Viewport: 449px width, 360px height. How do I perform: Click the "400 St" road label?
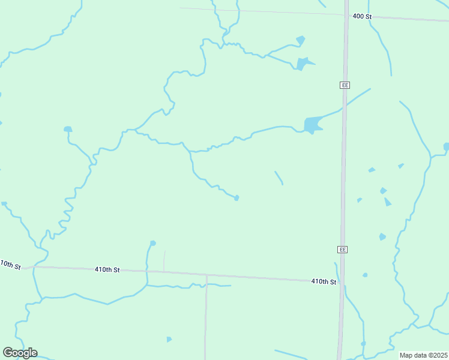362,16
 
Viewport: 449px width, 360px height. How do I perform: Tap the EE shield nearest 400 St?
345,85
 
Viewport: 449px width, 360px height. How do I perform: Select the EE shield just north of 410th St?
342,249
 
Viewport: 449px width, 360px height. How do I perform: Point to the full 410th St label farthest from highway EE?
107,270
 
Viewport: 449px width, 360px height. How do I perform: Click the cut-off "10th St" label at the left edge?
10,265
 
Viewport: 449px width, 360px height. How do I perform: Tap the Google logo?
20,353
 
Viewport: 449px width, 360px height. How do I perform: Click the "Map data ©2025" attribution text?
423,355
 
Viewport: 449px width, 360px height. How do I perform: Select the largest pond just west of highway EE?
312,125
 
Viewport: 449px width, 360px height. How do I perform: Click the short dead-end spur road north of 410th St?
164,260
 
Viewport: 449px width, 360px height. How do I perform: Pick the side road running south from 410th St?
206,318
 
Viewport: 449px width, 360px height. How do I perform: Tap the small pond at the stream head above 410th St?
153,243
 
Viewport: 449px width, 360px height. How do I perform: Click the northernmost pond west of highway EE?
300,40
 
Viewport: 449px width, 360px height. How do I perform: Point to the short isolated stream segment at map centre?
279,178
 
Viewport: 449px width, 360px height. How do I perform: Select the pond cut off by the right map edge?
446,146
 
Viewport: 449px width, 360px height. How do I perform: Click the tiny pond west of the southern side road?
169,340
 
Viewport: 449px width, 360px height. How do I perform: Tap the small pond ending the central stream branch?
237,197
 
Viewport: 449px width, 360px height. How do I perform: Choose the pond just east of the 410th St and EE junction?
365,275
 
